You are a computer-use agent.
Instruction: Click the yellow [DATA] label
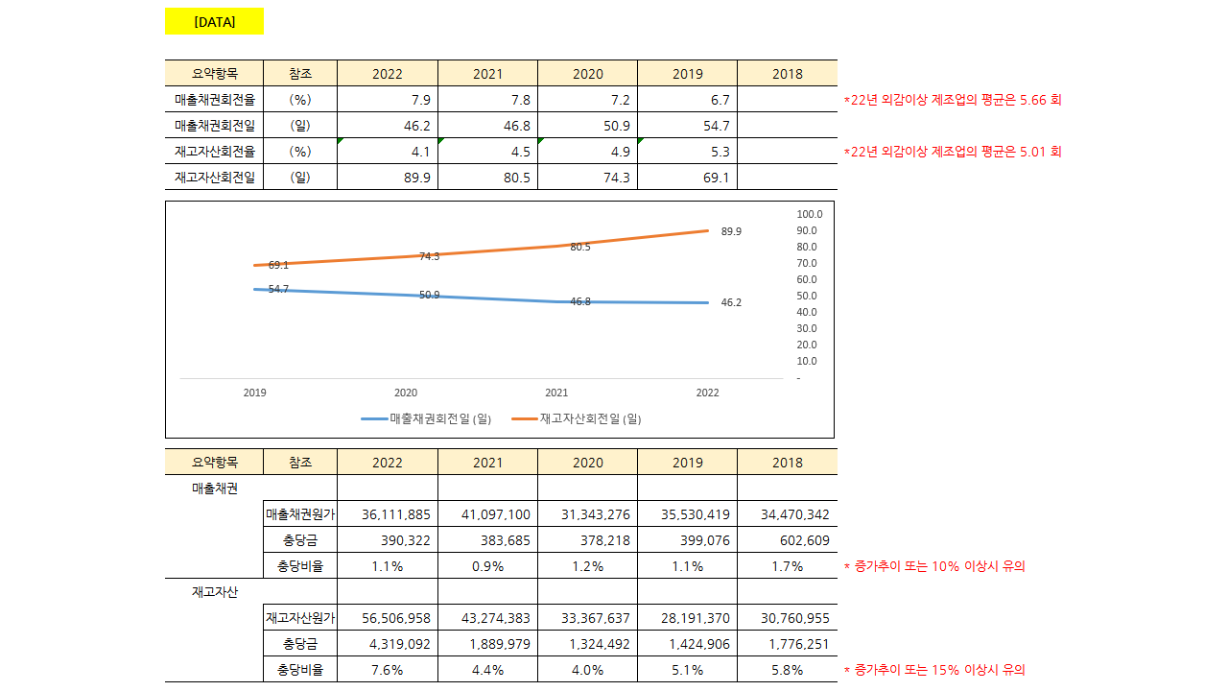(x=214, y=21)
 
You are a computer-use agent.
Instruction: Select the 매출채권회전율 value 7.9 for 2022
(x=420, y=100)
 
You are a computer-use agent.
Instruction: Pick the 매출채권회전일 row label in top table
(x=214, y=126)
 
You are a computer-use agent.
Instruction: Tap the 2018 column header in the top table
(x=787, y=74)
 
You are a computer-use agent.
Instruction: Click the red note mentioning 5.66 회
(x=953, y=100)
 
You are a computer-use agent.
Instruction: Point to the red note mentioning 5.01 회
(x=953, y=152)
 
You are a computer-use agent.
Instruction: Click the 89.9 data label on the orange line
(x=731, y=231)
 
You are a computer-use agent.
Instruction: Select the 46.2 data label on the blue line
(x=731, y=302)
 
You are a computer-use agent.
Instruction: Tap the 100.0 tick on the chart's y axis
(x=809, y=214)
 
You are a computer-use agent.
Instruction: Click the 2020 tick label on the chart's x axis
(x=406, y=393)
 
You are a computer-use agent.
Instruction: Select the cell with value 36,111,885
(x=395, y=514)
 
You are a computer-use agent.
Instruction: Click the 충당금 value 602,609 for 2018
(x=804, y=540)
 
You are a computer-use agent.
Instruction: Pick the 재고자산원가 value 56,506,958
(x=395, y=618)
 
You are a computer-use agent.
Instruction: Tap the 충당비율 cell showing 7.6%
(x=387, y=670)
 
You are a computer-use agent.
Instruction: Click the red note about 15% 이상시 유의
(x=934, y=670)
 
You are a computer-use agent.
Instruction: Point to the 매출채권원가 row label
(x=300, y=514)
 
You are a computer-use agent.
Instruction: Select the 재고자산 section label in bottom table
(x=214, y=592)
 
